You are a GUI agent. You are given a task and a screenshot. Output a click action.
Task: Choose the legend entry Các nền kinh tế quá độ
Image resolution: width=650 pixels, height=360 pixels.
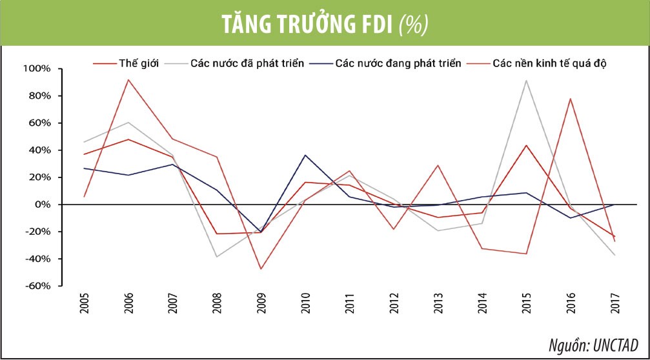549,64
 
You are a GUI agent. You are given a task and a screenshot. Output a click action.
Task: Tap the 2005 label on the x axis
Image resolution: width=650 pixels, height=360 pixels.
85,303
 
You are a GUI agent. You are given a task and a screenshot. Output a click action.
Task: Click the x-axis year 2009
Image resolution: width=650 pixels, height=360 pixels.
261,303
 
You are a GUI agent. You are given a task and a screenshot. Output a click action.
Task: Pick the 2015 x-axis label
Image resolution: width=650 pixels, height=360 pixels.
527,303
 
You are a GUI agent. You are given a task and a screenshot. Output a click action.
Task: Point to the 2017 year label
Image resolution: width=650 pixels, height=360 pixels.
615,303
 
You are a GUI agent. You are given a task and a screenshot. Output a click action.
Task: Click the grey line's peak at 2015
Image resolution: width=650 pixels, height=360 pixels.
527,80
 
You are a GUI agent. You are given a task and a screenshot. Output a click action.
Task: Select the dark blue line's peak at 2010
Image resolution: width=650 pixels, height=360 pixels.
305,155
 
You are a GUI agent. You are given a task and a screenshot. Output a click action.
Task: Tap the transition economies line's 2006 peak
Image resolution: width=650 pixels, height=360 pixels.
128,79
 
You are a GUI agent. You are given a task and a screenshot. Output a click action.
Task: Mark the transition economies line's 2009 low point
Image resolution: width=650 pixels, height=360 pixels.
261,269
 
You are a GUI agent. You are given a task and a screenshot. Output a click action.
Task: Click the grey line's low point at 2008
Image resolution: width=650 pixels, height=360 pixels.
217,257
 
